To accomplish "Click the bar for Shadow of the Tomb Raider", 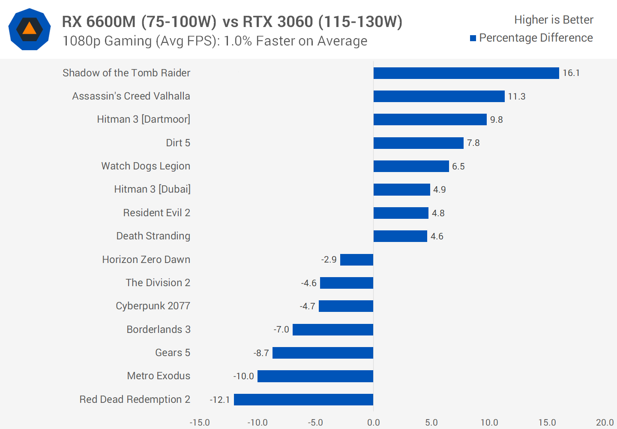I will tap(466, 73).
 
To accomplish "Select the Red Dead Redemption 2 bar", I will tap(303, 399).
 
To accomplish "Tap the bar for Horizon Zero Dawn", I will tap(356, 260).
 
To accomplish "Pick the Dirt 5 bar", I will tap(418, 143).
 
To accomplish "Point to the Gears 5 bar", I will tap(323, 353).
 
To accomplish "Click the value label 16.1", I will tap(571, 73).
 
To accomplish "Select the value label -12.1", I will tap(220, 400).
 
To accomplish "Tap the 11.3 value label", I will tap(517, 97).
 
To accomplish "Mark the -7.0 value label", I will tap(282, 329).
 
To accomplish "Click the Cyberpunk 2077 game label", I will tap(153, 306).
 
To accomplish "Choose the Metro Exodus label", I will tap(159, 376).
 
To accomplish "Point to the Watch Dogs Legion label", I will tap(146, 166).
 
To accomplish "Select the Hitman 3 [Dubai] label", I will tap(152, 189).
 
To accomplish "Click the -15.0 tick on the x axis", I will tap(200, 423).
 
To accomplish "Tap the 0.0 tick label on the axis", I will tap(374, 423).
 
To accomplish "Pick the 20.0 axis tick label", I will tap(605, 423).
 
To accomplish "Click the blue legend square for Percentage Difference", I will tap(473, 38).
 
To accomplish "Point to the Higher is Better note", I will tap(554, 20).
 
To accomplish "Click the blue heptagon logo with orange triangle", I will tap(30, 29).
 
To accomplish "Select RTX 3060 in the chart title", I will tap(278, 21).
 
